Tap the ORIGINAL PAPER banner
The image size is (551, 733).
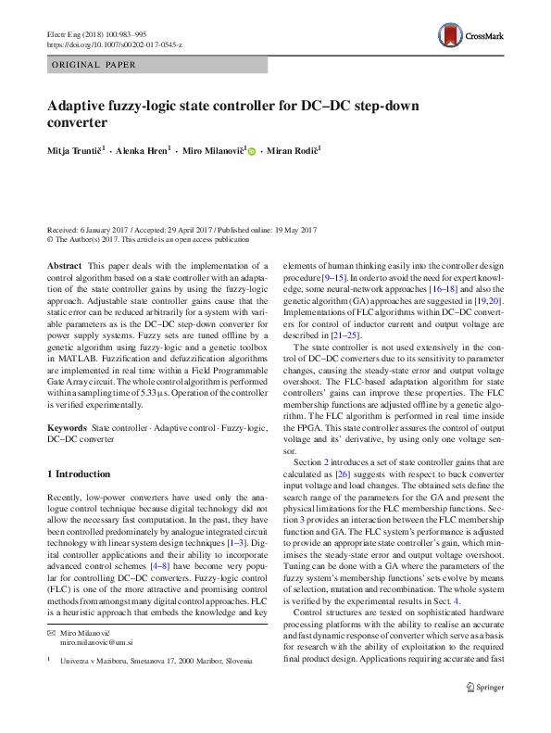[x=94, y=65]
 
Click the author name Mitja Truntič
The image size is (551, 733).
[x=75, y=149]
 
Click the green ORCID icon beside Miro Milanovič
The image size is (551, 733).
[x=251, y=150]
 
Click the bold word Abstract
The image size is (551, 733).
[x=64, y=266]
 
